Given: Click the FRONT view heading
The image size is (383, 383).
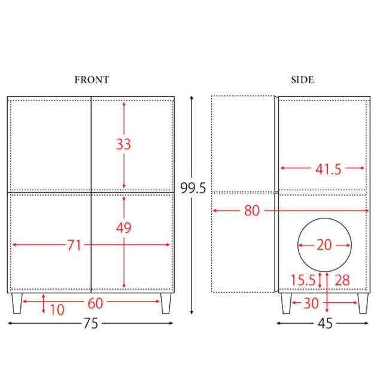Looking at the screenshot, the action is pos(92,80).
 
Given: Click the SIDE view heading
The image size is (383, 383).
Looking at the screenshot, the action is pos(302,80).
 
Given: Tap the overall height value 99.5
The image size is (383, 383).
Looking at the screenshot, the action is pos(193,188).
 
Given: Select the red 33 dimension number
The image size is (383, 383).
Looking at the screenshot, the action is pos(124,144).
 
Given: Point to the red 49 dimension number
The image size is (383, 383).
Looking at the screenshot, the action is pos(124,227).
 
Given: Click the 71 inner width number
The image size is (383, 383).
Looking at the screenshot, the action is pos(74,245).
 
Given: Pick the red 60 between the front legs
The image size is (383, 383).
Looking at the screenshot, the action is pos(95,303).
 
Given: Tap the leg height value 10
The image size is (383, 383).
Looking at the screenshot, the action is pos(57,309).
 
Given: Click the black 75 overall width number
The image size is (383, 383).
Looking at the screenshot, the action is pos(91,323).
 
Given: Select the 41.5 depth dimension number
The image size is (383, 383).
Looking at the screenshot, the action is pos(328,169).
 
